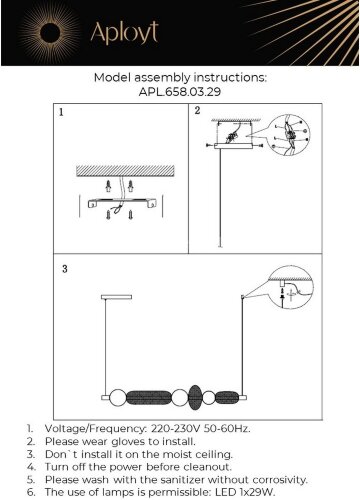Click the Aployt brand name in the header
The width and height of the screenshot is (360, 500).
tap(124, 33)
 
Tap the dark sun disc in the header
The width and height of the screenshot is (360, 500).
tap(50, 33)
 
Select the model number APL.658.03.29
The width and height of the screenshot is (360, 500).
tap(180, 92)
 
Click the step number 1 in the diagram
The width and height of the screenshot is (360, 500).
tap(61, 112)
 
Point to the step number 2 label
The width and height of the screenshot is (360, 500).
tap(197, 110)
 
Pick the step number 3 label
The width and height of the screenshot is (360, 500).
tap(65, 269)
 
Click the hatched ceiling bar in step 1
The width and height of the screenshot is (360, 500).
tap(125, 170)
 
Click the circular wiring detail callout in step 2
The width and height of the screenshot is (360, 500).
tap(289, 134)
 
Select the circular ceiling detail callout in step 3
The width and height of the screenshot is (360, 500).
tap(291, 288)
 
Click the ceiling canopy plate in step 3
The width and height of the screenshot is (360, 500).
tap(116, 297)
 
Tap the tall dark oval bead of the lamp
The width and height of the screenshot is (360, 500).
tap(195, 397)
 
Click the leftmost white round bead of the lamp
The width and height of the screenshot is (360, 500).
tap(118, 397)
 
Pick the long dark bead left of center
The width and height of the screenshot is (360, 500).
tap(149, 397)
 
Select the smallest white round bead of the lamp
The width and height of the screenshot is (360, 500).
tap(209, 398)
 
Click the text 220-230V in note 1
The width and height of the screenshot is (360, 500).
tap(176, 428)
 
